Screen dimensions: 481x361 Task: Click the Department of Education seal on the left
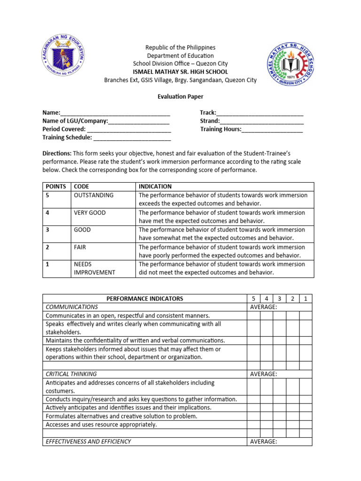pos(63,61)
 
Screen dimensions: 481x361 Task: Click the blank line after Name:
pos(115,113)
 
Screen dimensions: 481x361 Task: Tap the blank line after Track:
pos(259,113)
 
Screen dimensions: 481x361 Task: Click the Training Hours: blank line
pos(272,130)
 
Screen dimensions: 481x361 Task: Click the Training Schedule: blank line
pos(132,138)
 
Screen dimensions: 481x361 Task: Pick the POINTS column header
pos(55,186)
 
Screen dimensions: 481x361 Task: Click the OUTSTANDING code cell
pos(94,195)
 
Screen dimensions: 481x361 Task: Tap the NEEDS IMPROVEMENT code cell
pos(94,268)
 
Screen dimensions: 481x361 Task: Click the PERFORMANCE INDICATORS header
pos(145,298)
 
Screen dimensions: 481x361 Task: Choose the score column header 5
pos(253,298)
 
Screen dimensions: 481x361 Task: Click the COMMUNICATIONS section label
pos(72,307)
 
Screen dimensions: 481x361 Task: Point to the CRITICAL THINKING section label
pos(71,374)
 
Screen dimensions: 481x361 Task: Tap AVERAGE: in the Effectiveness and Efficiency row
pos(263,442)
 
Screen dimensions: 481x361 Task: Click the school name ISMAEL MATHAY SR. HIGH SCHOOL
pos(180,72)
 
